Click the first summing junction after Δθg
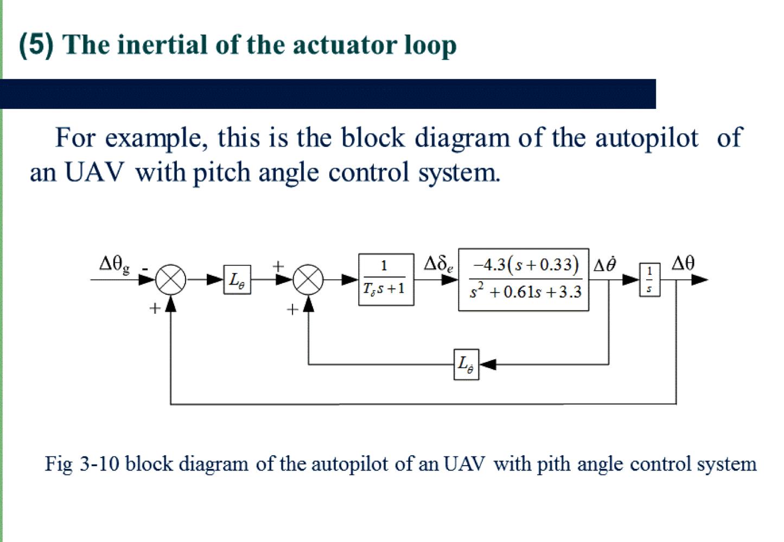pyautogui.click(x=171, y=280)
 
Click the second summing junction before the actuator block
pyautogui.click(x=308, y=280)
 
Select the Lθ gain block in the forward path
pyautogui.click(x=237, y=280)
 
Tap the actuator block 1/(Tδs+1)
pyautogui.click(x=386, y=280)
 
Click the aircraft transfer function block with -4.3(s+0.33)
pyautogui.click(x=524, y=280)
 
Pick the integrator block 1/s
pyautogui.click(x=649, y=280)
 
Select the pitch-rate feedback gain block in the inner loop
pyautogui.click(x=466, y=364)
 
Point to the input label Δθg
pyautogui.click(x=114, y=264)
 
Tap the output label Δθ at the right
pyautogui.click(x=683, y=263)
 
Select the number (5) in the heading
pyautogui.click(x=36, y=43)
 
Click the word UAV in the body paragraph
pyautogui.click(x=94, y=172)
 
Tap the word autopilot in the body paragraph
pyautogui.click(x=647, y=138)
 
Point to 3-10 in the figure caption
pyautogui.click(x=99, y=464)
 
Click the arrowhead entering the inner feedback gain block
pyautogui.click(x=488, y=364)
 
